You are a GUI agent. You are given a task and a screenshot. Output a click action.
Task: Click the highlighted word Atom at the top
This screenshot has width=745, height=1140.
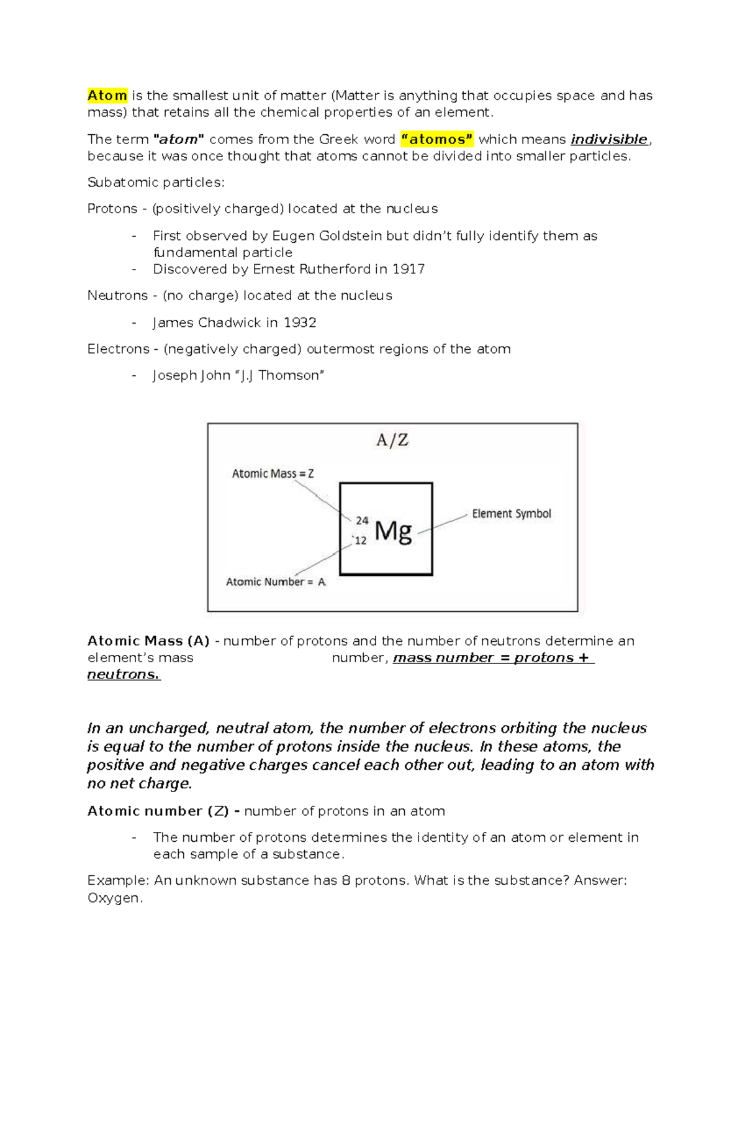pyautogui.click(x=107, y=96)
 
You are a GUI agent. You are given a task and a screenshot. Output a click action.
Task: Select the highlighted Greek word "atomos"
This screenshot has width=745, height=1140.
pyautogui.click(x=437, y=139)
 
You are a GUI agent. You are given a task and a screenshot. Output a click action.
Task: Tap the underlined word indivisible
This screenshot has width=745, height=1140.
pyautogui.click(x=608, y=139)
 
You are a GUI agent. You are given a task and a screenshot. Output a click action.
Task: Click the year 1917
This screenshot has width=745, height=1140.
pyautogui.click(x=409, y=269)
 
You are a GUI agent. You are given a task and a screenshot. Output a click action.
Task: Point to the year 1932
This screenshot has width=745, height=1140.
pyautogui.click(x=300, y=322)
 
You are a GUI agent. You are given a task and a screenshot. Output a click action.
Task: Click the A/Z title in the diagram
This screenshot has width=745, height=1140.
pyautogui.click(x=392, y=440)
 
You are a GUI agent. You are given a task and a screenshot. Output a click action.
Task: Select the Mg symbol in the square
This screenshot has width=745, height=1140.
pyautogui.click(x=393, y=531)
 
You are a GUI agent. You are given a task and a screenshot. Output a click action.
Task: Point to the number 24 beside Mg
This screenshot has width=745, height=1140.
pyautogui.click(x=362, y=521)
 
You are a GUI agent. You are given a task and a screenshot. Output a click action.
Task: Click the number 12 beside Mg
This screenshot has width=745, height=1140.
pyautogui.click(x=361, y=540)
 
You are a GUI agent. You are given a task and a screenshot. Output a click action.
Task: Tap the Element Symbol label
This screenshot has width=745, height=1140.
pyautogui.click(x=511, y=514)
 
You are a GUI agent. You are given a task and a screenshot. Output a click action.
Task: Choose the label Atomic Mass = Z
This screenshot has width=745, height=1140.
pyautogui.click(x=273, y=473)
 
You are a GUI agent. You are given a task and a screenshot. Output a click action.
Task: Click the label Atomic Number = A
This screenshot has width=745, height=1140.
pyautogui.click(x=275, y=582)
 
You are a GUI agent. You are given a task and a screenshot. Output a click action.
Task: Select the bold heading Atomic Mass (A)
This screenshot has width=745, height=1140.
pyautogui.click(x=148, y=641)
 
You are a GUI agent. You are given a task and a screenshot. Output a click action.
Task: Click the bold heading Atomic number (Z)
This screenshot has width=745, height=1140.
pyautogui.click(x=158, y=811)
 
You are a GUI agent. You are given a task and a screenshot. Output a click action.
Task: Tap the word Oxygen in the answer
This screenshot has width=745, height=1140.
pyautogui.click(x=114, y=898)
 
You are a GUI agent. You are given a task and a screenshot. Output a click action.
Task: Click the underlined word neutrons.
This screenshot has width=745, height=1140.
pyautogui.click(x=123, y=674)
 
